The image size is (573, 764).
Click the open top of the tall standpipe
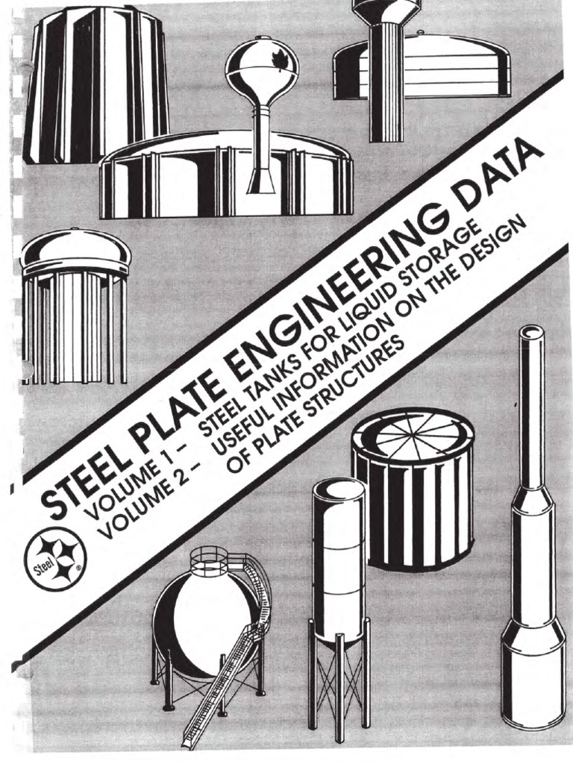(x=531, y=332)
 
